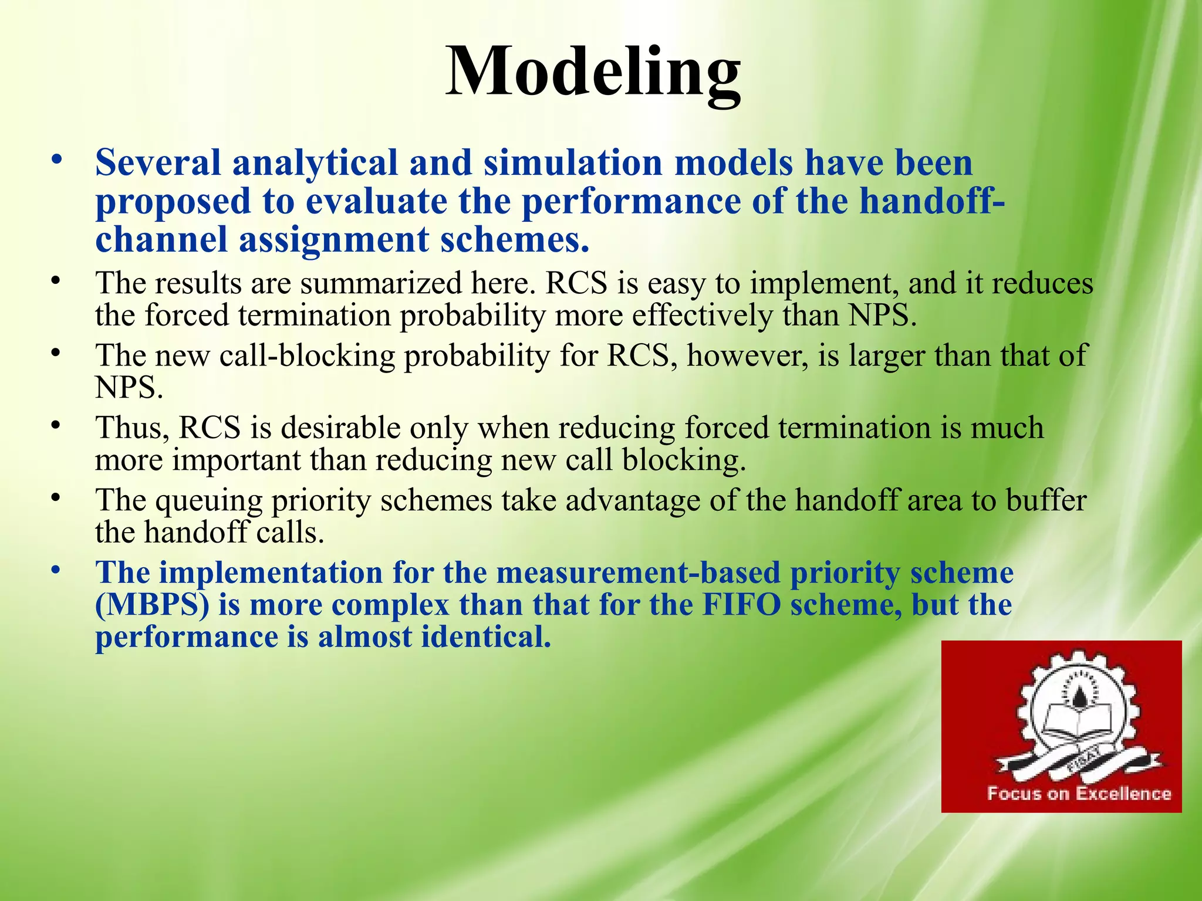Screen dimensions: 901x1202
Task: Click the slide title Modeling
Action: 593,73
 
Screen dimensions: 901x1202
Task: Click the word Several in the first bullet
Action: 158,162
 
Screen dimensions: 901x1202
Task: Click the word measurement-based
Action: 638,573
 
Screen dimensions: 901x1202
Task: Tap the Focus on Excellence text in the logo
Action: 1079,794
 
